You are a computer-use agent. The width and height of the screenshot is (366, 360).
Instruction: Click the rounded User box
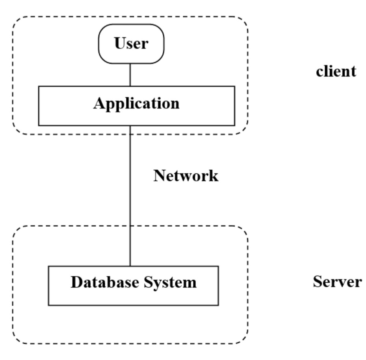(131, 44)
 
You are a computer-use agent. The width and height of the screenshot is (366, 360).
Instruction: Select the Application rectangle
(136, 105)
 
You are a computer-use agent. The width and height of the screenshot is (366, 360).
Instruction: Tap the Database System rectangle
(133, 285)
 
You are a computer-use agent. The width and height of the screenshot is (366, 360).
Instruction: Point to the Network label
(186, 175)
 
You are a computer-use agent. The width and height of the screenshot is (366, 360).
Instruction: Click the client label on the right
(336, 71)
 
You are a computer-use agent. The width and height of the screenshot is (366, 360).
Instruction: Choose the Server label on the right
(337, 282)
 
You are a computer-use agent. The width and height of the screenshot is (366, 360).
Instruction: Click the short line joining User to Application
(130, 75)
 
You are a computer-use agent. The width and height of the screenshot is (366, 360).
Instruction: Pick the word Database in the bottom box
(102, 282)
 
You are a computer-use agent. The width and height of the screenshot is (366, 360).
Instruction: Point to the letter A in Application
(99, 103)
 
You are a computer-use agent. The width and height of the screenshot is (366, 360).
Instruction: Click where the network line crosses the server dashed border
(130, 226)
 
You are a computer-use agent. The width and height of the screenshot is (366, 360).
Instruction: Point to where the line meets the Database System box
(130, 266)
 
